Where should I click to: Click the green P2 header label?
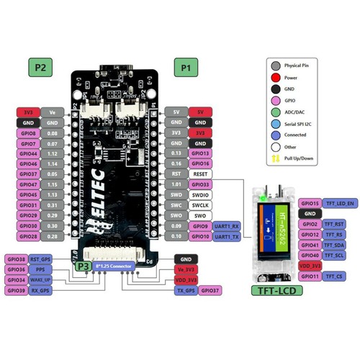pyautogui.click(x=40, y=68)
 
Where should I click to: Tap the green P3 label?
pyautogui.click(x=82, y=266)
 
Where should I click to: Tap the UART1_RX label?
pyautogui.click(x=227, y=226)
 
